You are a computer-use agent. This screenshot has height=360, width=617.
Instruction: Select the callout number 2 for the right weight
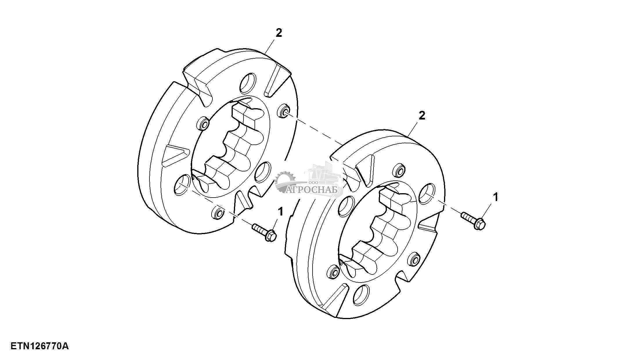point(422,116)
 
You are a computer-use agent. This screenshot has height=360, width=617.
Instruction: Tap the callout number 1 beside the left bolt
point(280,211)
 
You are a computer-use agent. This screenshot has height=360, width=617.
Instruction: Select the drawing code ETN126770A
point(40,346)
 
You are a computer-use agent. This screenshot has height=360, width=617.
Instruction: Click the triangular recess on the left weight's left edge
point(175,156)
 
